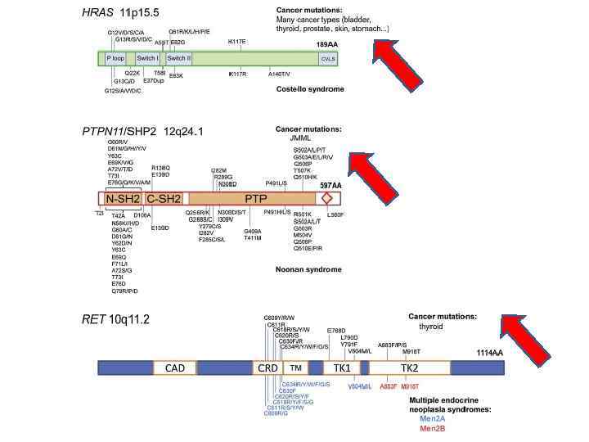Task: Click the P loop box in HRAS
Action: pos(115,59)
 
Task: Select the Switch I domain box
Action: pos(147,59)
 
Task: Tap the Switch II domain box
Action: pos(178,59)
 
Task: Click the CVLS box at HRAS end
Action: pos(327,59)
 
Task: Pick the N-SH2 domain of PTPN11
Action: pos(121,198)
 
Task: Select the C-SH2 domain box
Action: pos(163,198)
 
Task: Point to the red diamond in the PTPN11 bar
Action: pos(327,198)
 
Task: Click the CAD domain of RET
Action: pos(175,368)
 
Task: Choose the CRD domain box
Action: pos(268,368)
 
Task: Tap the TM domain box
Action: pos(295,368)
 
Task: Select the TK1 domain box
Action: pos(342,368)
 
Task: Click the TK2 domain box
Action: pos(409,368)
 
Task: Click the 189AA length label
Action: pos(327,44)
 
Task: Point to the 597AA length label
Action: pos(330,186)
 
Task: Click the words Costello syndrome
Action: pos(310,88)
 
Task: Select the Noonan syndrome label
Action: pos(307,269)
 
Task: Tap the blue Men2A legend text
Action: pos(432,417)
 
